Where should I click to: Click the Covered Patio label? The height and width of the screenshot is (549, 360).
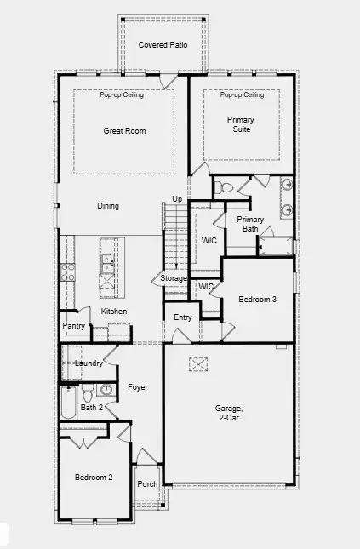pos(163,43)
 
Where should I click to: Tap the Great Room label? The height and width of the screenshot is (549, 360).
pos(124,131)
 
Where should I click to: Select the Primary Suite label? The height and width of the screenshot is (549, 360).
pos(241,126)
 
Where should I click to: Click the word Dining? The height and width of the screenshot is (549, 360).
pos(108,206)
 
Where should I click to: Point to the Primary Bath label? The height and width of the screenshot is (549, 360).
pos(250,224)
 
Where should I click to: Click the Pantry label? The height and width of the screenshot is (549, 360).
pos(74,326)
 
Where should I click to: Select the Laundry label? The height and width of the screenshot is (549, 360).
pos(89,363)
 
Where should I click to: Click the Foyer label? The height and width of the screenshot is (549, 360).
pos(138,387)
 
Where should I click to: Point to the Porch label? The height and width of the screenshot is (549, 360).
pos(148,484)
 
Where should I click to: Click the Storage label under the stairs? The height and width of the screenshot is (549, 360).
pos(174,278)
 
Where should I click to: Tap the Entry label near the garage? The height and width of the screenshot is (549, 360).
pos(183,317)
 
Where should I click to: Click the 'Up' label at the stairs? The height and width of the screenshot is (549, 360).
pos(177,199)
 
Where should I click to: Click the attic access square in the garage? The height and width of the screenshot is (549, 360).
pos(200,363)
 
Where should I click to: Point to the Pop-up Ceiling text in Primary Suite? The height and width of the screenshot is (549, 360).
pos(242,95)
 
